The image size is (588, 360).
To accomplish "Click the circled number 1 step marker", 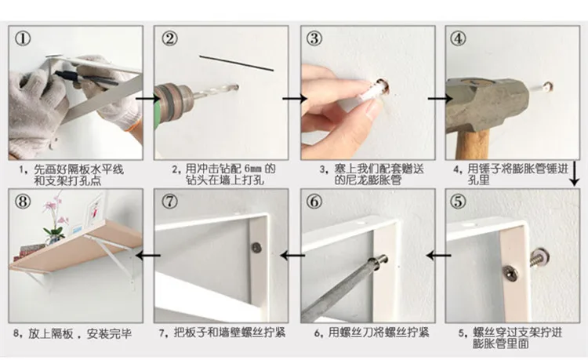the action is coord(23,38).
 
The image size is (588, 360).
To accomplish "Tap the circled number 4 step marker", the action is coord(458,38).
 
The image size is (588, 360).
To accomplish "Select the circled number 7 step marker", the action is coord(169,202).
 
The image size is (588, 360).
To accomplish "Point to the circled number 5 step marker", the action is coord(458,202).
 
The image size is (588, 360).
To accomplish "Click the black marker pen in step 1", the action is coord(85,78).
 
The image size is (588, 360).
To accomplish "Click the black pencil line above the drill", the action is coord(236,63).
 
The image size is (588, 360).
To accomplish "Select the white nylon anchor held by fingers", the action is coord(372,92).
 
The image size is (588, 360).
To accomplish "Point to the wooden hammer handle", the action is coord(472,144).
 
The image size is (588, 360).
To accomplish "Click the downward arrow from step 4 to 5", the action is coord(574,173).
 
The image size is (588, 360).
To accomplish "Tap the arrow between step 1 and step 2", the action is coord(147,99).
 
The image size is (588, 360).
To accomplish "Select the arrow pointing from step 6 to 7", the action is coord(292,256).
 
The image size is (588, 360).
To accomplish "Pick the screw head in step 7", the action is coord(256,247).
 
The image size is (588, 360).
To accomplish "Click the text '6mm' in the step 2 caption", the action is coord(253,169).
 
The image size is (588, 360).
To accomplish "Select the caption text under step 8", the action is coord(73,333).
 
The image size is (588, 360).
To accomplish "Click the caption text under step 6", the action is coord(372,333).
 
